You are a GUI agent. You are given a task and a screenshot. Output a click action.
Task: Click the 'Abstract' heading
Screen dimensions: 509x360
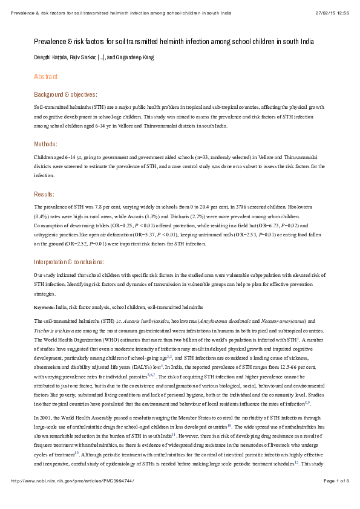[46, 77]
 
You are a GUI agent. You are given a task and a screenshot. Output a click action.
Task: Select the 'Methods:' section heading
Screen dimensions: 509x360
[46, 144]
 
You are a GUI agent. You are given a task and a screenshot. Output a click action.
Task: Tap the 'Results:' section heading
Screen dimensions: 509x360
[45, 194]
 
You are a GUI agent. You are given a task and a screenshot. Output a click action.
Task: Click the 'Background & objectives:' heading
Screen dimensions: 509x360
[65, 94]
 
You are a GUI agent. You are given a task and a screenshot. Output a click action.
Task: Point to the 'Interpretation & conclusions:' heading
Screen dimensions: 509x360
[69, 262]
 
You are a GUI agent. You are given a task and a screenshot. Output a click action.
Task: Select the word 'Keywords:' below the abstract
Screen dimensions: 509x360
[44, 307]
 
